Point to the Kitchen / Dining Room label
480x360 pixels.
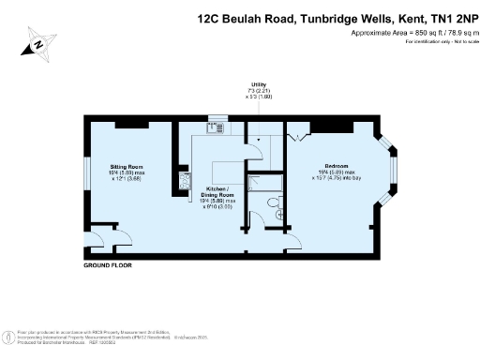[x=218, y=192]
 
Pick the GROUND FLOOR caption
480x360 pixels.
[x=108, y=266]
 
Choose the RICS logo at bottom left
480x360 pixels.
[x=8, y=335]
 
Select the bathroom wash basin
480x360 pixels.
[x=279, y=214]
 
